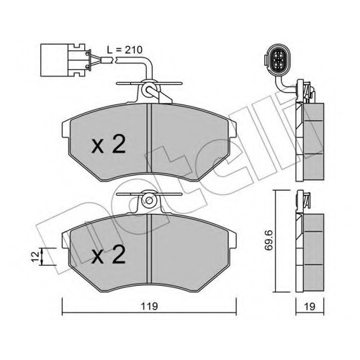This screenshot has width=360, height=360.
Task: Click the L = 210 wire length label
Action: (x=125, y=50)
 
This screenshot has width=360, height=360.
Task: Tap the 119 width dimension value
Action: (x=149, y=306)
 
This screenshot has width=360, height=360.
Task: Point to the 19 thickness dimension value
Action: (x=310, y=307)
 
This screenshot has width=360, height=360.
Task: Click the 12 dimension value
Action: (x=36, y=256)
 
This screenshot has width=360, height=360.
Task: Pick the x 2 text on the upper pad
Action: (x=109, y=144)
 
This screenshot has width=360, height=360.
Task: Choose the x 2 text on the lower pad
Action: (x=109, y=254)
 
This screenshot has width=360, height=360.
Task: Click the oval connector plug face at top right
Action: (x=277, y=58)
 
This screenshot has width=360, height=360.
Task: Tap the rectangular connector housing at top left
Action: (x=63, y=60)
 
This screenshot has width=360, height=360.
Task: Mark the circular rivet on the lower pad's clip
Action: (x=149, y=200)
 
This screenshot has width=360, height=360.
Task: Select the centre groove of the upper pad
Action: (x=149, y=138)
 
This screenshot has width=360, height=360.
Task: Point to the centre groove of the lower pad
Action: (x=149, y=248)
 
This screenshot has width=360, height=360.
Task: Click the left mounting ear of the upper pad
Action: (x=66, y=129)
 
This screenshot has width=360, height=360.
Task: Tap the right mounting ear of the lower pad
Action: (x=233, y=240)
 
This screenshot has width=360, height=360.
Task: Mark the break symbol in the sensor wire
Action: (x=114, y=59)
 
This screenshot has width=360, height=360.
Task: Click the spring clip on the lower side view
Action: (x=306, y=199)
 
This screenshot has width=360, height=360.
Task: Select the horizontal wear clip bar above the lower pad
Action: (x=149, y=194)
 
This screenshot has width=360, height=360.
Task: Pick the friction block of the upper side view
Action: (x=313, y=142)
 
